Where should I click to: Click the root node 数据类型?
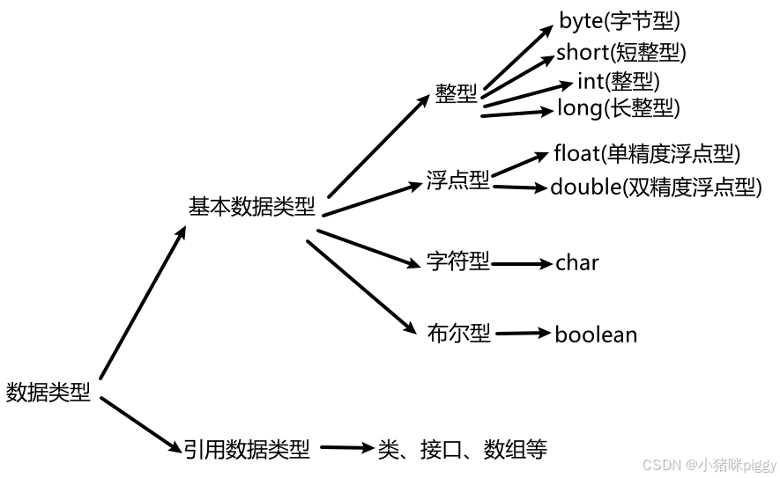[x=48, y=392]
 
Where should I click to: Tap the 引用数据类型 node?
[x=248, y=450]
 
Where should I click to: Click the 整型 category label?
[x=456, y=94]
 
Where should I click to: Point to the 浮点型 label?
[x=457, y=181]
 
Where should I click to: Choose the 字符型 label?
[x=457, y=261]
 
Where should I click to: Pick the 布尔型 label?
[x=458, y=334]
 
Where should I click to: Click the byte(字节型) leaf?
[x=620, y=21]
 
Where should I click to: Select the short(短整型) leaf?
[x=620, y=52]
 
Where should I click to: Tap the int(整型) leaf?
[x=618, y=81]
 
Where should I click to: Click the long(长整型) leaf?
[x=619, y=108]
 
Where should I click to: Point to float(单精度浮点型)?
[x=647, y=153]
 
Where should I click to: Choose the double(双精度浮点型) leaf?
[x=655, y=187]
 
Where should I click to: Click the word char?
[x=577, y=262]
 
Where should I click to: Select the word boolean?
[x=596, y=335]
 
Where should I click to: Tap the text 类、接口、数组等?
[x=463, y=450]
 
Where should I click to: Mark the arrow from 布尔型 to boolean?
[x=523, y=334]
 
